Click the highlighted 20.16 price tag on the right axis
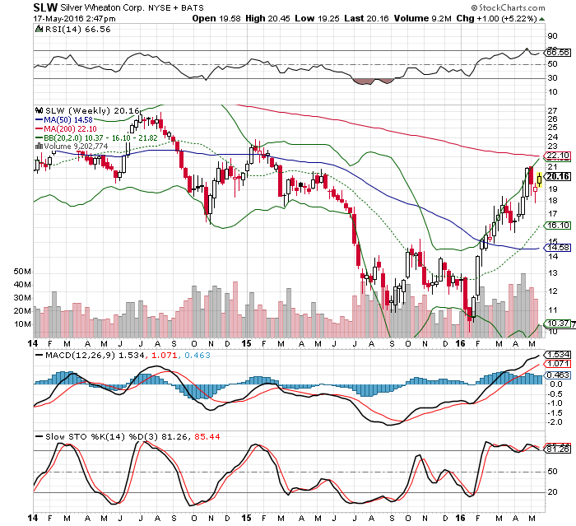[556, 175]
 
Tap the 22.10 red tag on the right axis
[556, 155]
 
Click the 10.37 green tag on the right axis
[556, 324]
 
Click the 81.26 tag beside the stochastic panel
[556, 449]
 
